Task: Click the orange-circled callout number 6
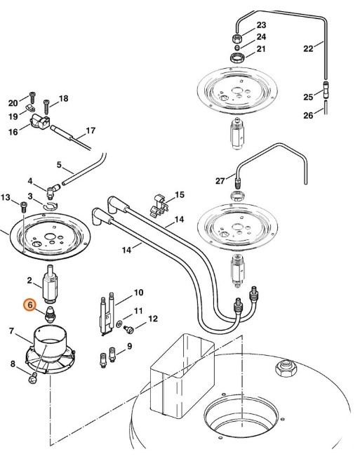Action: (30, 305)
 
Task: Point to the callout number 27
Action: (220, 180)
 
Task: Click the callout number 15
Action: (180, 194)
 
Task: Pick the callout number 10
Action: (138, 292)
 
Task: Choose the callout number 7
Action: (11, 331)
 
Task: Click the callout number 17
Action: (90, 130)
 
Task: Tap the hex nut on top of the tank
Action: (286, 366)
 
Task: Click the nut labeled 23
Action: (237, 36)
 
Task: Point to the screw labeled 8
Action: (33, 380)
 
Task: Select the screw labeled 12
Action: (129, 328)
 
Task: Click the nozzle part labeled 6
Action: (51, 315)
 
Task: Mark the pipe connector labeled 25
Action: (325, 90)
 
